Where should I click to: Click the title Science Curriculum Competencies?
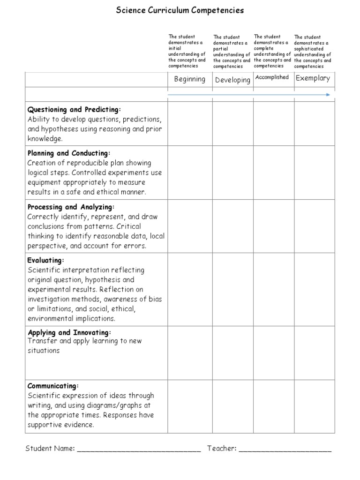click(x=180, y=10)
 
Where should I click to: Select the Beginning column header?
click(x=189, y=79)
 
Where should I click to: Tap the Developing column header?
click(x=232, y=80)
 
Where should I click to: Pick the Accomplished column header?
click(x=272, y=77)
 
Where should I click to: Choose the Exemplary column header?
click(x=313, y=78)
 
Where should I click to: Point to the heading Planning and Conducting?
click(x=68, y=153)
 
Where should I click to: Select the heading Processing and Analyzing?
click(x=71, y=207)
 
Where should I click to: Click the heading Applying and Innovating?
click(x=69, y=332)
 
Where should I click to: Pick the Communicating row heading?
click(x=52, y=386)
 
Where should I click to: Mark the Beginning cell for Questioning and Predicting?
click(x=190, y=123)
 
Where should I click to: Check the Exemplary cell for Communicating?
click(x=314, y=406)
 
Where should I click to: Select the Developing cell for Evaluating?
click(x=233, y=289)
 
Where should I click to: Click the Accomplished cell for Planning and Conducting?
click(x=274, y=172)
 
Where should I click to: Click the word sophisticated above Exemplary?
click(x=308, y=49)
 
